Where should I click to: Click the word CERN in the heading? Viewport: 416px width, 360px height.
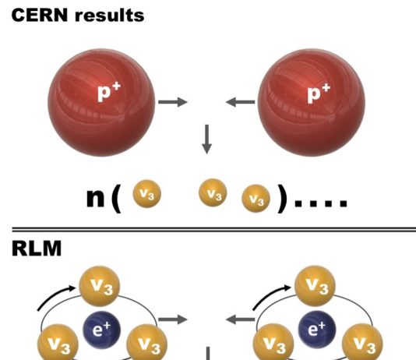coord(40,15)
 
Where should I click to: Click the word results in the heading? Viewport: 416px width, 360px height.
coord(110,16)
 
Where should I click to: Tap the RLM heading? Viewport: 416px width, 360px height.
coord(37,249)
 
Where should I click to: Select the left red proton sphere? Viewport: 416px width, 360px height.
coord(101,103)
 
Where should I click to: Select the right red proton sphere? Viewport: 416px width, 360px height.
coord(312,103)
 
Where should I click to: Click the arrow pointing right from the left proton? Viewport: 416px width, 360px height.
coord(173,102)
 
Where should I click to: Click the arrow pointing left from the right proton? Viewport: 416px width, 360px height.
coord(240,102)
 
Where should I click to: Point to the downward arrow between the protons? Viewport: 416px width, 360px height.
coord(206,139)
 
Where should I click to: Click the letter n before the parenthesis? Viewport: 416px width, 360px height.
coord(96,198)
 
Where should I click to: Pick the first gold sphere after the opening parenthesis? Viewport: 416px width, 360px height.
coord(146,194)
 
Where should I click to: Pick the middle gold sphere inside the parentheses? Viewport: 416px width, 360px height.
coord(213,192)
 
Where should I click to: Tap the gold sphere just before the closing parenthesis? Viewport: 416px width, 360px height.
coord(256,199)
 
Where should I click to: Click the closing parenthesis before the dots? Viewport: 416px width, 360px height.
coord(282,198)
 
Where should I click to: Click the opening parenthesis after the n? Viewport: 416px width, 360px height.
coord(116,198)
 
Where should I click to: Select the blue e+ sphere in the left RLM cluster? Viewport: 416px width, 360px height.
coord(101,330)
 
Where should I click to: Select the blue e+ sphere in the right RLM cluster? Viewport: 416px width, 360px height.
coord(317,330)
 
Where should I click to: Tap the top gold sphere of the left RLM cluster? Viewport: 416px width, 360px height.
coord(100,287)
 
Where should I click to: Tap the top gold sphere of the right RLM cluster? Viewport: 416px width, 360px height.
coord(315,286)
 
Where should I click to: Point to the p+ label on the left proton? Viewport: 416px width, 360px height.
coord(109,92)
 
